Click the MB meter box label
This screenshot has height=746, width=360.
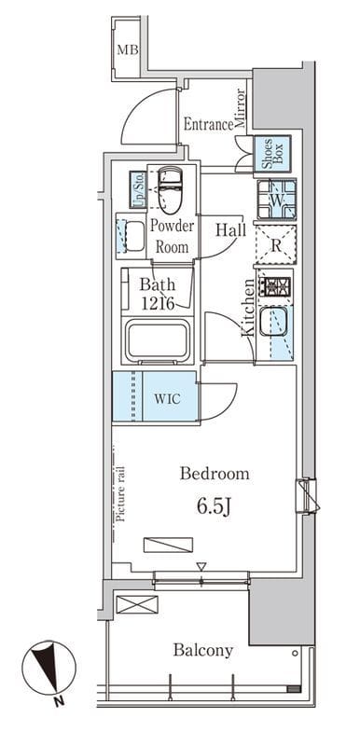tap(128, 49)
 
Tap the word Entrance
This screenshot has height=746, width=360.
tap(208, 125)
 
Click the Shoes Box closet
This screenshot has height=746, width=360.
tap(272, 153)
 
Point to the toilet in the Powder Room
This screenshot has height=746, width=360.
tap(171, 189)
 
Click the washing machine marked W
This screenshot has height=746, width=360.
tap(277, 200)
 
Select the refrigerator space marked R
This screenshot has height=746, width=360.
tap(276, 244)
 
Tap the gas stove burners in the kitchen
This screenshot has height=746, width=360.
tap(275, 286)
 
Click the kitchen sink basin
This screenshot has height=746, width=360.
tap(273, 322)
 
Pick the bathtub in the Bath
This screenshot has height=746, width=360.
tap(158, 340)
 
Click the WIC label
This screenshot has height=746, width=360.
tap(167, 399)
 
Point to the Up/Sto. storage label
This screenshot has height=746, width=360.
tap(138, 189)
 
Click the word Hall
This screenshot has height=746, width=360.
tap(230, 230)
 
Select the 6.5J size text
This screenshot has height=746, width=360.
tap(214, 507)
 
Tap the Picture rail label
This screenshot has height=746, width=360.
tap(121, 495)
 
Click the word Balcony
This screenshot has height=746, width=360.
tap(203, 650)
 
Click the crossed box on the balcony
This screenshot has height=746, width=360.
tap(137, 604)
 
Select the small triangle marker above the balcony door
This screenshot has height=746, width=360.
tap(201, 566)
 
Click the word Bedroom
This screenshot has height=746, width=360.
tap(215, 474)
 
